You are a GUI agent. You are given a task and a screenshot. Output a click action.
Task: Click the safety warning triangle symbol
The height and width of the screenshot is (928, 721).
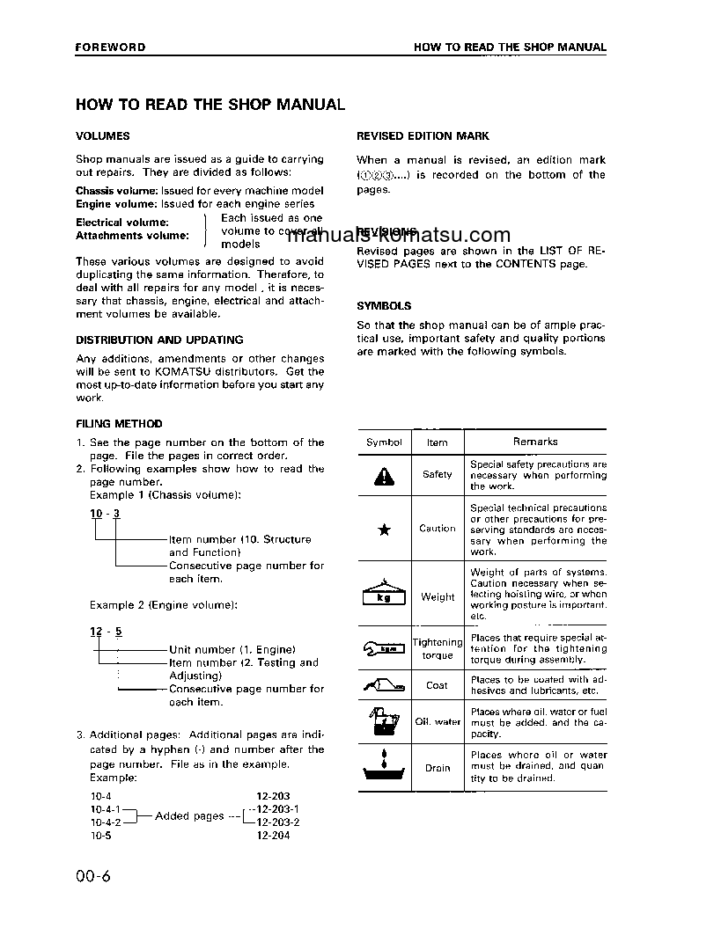(384, 476)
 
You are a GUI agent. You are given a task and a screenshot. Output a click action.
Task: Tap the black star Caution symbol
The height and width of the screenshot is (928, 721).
(384, 530)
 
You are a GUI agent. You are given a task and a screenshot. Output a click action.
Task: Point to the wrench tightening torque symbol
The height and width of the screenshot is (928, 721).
(384, 650)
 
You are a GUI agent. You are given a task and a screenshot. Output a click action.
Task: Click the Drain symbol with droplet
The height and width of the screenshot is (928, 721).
(384, 766)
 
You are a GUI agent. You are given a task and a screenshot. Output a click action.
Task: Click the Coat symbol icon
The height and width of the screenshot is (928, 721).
(384, 684)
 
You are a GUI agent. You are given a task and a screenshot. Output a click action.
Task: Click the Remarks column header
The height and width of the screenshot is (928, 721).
(535, 442)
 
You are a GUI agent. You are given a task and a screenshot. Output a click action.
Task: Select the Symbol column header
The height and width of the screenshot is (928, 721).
(384, 442)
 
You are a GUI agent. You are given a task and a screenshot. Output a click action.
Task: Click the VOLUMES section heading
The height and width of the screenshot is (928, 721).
(102, 136)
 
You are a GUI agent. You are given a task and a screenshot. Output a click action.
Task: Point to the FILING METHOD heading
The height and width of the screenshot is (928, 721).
(119, 424)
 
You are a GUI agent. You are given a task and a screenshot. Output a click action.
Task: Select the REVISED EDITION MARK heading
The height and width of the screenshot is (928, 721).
(423, 136)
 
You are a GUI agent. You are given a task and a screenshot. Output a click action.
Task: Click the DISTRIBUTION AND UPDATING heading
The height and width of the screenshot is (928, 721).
(159, 340)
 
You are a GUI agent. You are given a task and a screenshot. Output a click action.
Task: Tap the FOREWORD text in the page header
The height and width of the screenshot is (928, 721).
(110, 47)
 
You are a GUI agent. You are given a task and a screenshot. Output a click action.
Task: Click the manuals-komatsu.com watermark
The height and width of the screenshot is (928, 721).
(399, 235)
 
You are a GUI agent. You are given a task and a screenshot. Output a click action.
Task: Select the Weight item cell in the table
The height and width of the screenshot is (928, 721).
(438, 597)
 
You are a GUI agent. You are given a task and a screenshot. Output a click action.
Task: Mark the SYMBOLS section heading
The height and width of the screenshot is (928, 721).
(384, 306)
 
